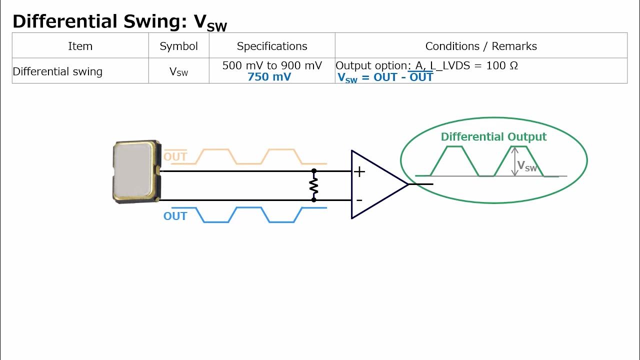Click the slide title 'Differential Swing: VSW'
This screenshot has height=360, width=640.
click(x=119, y=22)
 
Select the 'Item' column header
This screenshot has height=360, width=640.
click(x=80, y=46)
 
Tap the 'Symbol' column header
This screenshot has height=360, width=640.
click(x=178, y=46)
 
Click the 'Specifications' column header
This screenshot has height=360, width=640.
click(x=272, y=46)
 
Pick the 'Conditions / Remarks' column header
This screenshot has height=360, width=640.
click(x=481, y=46)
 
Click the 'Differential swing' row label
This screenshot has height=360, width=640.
click(x=57, y=71)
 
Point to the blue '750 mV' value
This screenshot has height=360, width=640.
click(x=269, y=77)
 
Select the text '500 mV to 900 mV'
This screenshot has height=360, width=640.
click(x=272, y=65)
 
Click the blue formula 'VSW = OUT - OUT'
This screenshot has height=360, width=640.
click(x=385, y=77)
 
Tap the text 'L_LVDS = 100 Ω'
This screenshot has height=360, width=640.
click(x=474, y=65)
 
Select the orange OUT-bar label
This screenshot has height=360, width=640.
click(x=175, y=156)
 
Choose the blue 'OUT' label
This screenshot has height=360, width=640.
click(x=175, y=216)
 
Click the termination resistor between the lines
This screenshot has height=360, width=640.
click(x=314, y=185)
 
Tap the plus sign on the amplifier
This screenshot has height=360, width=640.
click(x=359, y=172)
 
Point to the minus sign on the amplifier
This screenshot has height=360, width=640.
click(x=359, y=200)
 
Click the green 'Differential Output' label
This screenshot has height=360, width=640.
click(x=493, y=137)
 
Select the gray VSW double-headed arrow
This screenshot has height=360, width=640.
click(x=515, y=161)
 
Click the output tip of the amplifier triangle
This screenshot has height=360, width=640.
click(x=408, y=184)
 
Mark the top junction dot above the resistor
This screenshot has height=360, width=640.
click(x=314, y=171)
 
